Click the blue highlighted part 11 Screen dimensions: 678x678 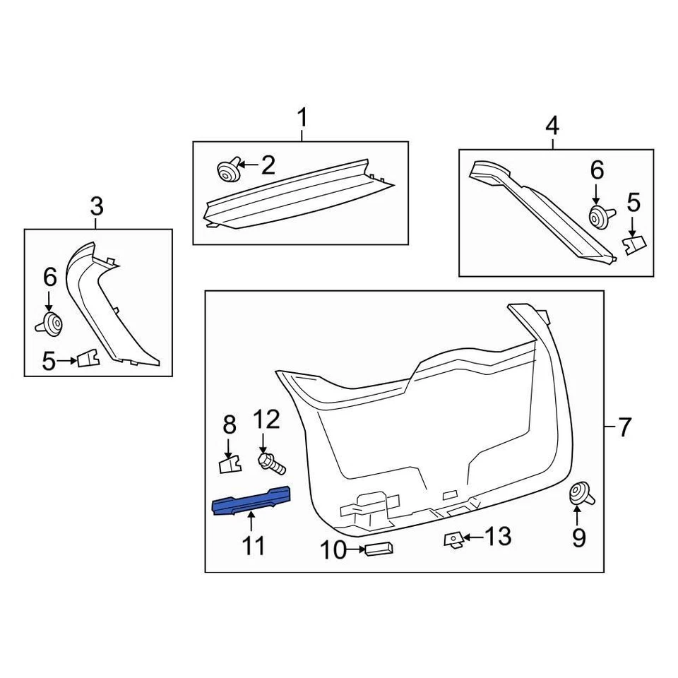point(252,501)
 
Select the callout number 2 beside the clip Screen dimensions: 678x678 point(268,166)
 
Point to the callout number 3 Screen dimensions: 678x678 point(97,207)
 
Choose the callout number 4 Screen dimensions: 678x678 point(552,126)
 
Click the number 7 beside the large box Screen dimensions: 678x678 point(624,427)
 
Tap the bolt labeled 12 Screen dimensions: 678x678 point(270,463)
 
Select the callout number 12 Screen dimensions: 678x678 point(266,420)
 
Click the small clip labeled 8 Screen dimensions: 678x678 point(228,464)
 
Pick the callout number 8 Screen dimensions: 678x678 point(229,425)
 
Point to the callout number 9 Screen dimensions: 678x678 point(578,539)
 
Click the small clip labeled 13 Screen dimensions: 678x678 point(452,540)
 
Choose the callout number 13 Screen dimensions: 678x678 point(498,537)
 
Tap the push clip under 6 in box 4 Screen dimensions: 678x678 point(597,216)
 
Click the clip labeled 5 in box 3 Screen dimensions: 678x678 point(88,359)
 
